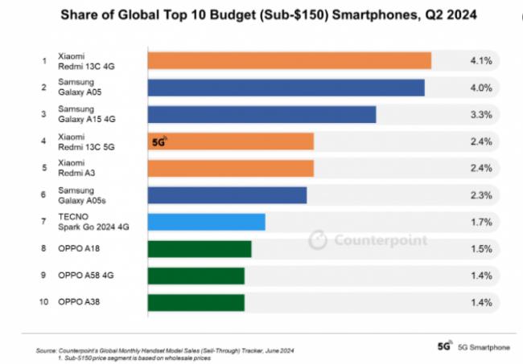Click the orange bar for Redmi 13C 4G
coord(290,60)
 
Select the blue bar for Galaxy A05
coord(286,88)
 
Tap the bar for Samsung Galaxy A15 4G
coord(261,115)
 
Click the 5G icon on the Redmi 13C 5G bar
coord(159,141)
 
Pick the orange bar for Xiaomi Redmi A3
coord(230,168)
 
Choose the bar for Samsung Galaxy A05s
coord(227,195)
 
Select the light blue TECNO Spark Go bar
coord(207,222)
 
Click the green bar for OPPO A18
coord(200,249)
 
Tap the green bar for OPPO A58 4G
coord(196,276)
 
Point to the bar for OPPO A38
coord(196,303)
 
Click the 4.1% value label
coord(481,60)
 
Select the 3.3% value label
coord(481,115)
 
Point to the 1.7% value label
coord(481,222)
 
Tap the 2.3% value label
coord(481,195)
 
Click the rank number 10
coord(43,301)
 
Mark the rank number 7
coord(43,221)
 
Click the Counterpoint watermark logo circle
coord(318,239)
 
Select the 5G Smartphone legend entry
coord(474,346)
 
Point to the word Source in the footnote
coord(46,350)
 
